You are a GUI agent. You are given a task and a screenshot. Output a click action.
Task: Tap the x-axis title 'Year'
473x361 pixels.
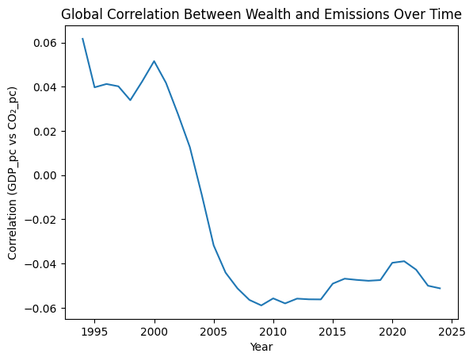261,347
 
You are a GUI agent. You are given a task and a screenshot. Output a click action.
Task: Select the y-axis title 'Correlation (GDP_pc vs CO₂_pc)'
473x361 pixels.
13,172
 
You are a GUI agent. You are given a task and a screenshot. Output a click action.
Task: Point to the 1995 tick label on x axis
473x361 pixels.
95,330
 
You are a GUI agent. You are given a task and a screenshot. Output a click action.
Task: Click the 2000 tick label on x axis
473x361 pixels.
154,330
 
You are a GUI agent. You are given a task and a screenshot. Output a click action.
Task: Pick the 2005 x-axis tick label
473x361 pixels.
214,330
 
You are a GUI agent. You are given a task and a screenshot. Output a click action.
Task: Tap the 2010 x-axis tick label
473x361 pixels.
273,330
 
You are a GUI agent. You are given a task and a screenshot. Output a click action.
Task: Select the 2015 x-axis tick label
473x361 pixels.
333,330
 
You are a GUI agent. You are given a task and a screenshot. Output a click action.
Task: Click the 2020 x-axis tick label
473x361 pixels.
392,330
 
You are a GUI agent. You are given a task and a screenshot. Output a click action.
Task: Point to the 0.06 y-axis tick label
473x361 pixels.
44,43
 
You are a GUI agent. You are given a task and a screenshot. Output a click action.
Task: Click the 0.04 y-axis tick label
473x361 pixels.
44,87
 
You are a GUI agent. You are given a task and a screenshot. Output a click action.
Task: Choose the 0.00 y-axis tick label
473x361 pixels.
44,175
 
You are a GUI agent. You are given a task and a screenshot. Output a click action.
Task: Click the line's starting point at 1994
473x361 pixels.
82,38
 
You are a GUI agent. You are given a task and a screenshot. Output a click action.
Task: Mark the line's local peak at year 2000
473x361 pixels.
154,61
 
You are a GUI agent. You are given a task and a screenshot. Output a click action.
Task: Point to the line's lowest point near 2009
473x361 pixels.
261,305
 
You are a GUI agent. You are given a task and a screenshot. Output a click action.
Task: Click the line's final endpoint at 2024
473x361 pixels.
440,288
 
